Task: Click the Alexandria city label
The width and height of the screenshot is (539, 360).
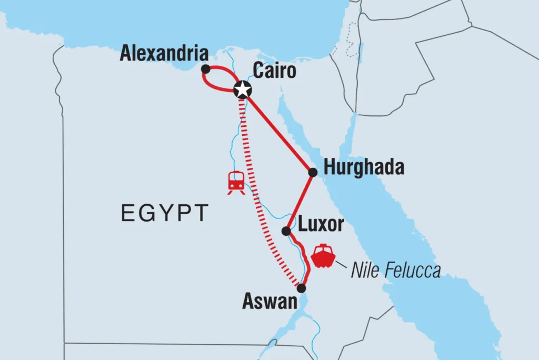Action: point(164,53)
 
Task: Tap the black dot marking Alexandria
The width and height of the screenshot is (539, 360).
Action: point(205,68)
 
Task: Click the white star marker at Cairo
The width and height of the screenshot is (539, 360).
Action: point(242,90)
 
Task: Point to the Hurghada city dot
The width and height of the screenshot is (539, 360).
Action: point(313,172)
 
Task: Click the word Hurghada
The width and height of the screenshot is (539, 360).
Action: point(364,168)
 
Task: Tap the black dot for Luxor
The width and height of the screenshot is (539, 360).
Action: point(286,231)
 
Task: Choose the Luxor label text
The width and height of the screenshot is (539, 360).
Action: point(321,225)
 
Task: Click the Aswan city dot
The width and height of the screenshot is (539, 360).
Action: point(301,288)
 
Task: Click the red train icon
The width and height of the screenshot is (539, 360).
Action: point(236,182)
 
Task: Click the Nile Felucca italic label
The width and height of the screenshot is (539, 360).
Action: point(395,271)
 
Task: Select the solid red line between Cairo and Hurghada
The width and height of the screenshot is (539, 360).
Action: point(278,132)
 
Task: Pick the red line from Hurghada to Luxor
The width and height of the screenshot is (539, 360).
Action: point(300,202)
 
